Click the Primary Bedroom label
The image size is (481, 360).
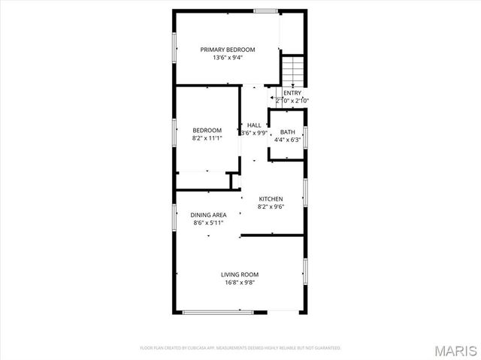pyautogui.click(x=228, y=50)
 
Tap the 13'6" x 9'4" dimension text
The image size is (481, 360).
pyautogui.click(x=228, y=57)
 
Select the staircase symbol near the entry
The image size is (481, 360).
pyautogui.click(x=292, y=69)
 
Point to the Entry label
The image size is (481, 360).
pyautogui.click(x=292, y=93)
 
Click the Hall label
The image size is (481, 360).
pyautogui.click(x=255, y=125)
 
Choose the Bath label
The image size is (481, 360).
pyautogui.click(x=288, y=132)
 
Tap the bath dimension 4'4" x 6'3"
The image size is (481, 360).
pyautogui.click(x=288, y=139)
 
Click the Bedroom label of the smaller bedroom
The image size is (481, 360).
pyautogui.click(x=207, y=130)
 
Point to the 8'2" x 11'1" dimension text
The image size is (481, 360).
pyautogui.click(x=207, y=138)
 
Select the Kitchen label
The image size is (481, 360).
pyautogui.click(x=271, y=199)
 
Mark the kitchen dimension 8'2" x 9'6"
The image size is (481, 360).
pyautogui.click(x=271, y=207)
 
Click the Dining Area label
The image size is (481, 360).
pyautogui.click(x=208, y=215)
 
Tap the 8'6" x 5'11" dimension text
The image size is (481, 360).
pyautogui.click(x=208, y=223)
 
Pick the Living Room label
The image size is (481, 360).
pyautogui.click(x=240, y=274)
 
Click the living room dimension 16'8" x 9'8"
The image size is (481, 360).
pyautogui.click(x=240, y=283)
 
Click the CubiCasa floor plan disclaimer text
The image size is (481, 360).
pyautogui.click(x=240, y=348)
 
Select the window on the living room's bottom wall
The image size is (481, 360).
pyautogui.click(x=216, y=312)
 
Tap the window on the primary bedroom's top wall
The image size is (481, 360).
pyautogui.click(x=265, y=11)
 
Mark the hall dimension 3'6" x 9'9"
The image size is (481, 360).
pyautogui.click(x=255, y=133)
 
